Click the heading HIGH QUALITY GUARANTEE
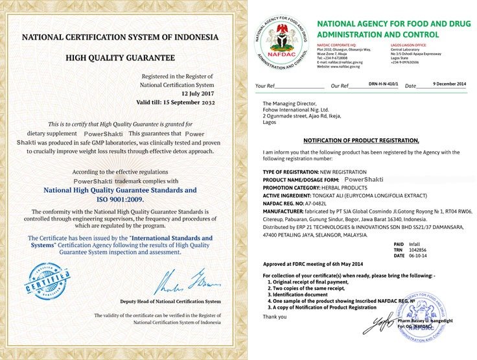[120, 58]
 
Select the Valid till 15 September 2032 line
[175, 101]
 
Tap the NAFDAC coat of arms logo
[281, 38]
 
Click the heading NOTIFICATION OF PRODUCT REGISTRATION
[361, 141]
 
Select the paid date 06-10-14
[419, 256]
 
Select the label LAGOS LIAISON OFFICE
[408, 45]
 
